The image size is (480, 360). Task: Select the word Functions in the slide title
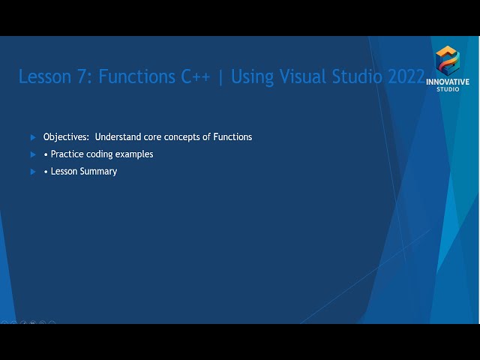pos(137,77)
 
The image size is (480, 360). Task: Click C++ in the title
pos(196,77)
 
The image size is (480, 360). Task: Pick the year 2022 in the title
pos(405,77)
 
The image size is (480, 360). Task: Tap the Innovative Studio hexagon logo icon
pos(448,60)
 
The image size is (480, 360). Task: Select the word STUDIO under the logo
pos(448,89)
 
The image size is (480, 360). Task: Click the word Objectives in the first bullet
pos(67,137)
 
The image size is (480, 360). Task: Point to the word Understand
pos(121,137)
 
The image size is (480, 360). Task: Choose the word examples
pos(135,154)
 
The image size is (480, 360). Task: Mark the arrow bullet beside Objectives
pos(33,137)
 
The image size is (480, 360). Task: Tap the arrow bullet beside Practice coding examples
pos(33,154)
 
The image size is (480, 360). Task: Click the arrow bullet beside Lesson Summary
pos(33,172)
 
